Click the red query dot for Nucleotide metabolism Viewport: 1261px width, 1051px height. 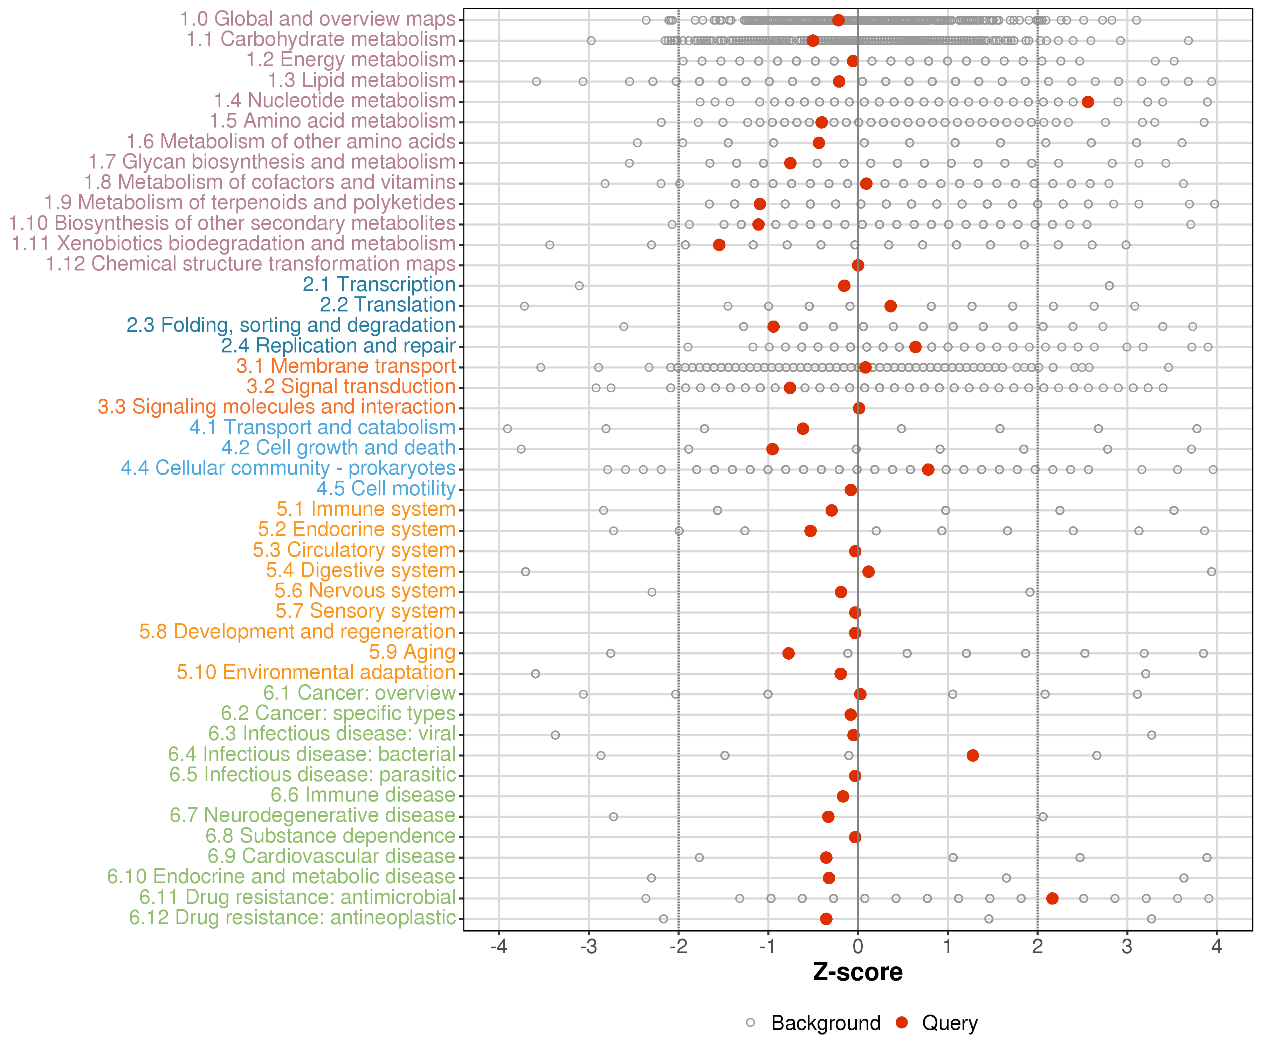point(1088,102)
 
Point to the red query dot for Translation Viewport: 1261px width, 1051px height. point(890,306)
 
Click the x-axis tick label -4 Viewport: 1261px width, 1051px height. point(499,947)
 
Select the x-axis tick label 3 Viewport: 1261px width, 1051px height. point(1127,947)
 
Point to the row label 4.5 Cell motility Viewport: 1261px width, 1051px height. point(386,488)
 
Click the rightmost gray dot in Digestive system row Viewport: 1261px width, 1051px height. point(1211,571)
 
